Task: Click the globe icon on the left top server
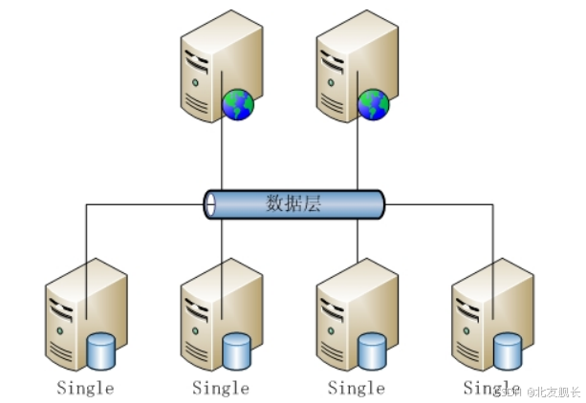point(237,104)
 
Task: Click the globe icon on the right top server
point(373,104)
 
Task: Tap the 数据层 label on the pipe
point(293,202)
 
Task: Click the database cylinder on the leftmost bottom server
point(100,350)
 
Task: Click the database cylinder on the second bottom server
point(236,350)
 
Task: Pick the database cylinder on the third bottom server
point(372,350)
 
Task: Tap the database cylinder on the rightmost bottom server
point(508,350)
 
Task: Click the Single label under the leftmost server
point(85,388)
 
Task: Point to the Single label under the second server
point(221,388)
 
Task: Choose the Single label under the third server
point(357,388)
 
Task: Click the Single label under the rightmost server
point(490,388)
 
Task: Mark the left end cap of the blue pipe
point(209,204)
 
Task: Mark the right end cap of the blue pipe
point(380,204)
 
